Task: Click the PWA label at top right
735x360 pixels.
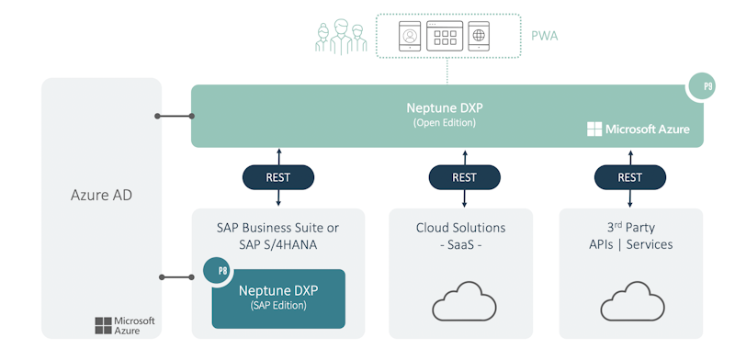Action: point(544,37)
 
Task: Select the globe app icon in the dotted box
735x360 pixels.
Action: point(478,37)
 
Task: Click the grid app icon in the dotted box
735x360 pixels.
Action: point(445,37)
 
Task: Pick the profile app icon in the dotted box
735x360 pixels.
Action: point(410,37)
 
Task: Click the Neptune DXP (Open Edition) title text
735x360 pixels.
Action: point(445,114)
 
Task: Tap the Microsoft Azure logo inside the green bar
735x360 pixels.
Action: point(638,129)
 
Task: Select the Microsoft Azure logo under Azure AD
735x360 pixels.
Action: point(125,325)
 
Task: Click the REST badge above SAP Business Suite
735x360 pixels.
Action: point(278,177)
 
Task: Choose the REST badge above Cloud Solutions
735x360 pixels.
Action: point(464,177)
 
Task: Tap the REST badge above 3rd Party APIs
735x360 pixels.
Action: point(629,177)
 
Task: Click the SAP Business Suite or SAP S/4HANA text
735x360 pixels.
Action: point(277,236)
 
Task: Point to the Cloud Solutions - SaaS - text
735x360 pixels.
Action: point(460,236)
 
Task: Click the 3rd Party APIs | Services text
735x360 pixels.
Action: point(631,236)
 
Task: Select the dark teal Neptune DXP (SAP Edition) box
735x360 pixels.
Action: point(278,299)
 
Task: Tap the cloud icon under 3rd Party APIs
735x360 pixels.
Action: point(630,302)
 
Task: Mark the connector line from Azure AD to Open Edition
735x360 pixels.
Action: point(174,117)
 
